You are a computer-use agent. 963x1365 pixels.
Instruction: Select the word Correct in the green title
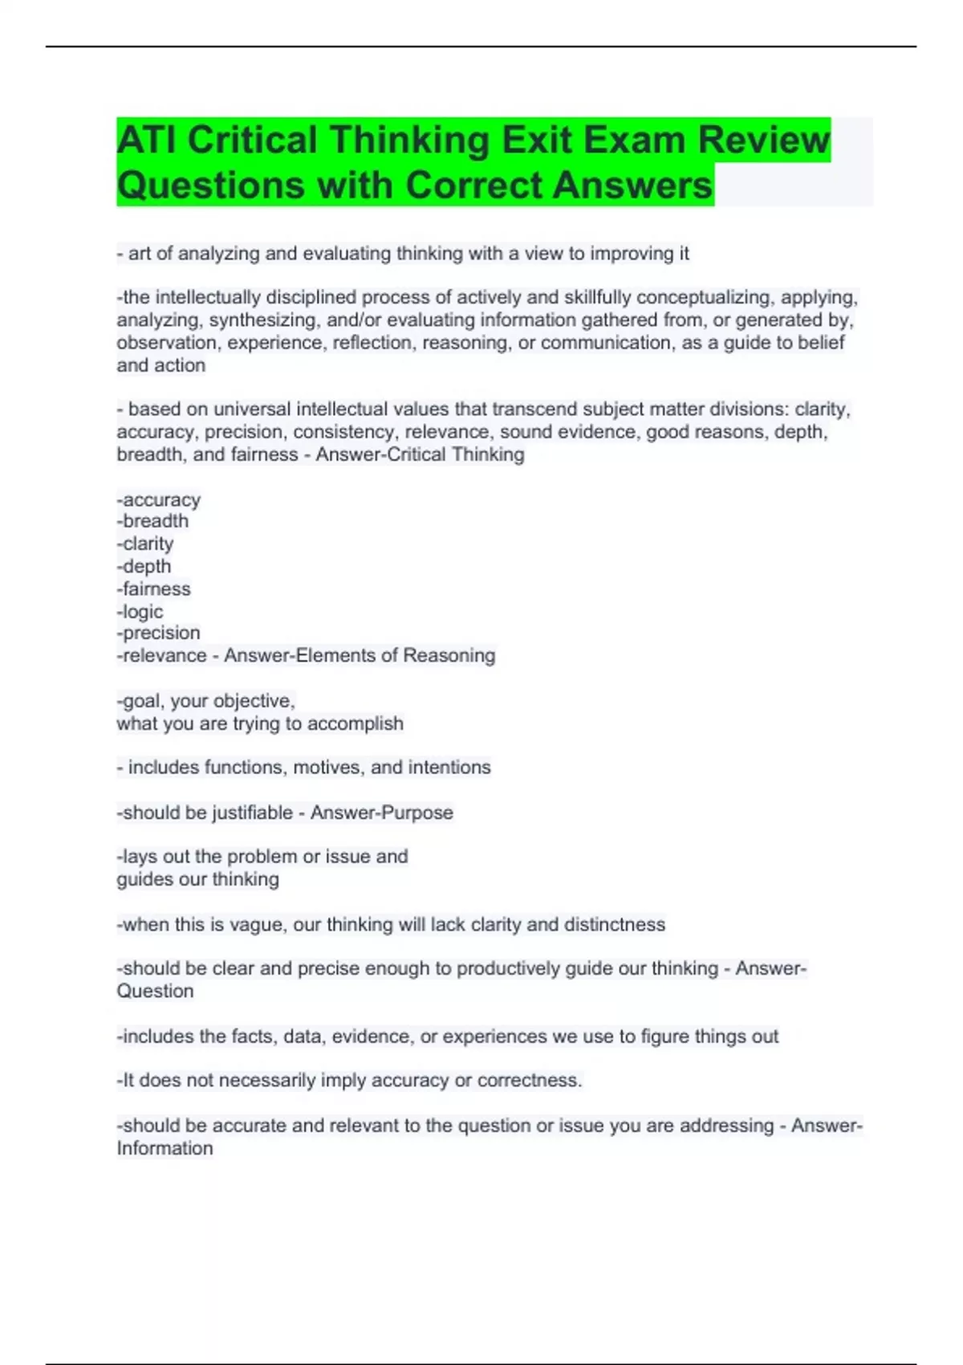pyautogui.click(x=473, y=185)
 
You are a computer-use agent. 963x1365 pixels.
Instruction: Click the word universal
pyautogui.click(x=251, y=409)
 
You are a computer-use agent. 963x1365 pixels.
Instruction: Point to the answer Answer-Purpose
pyautogui.click(x=382, y=813)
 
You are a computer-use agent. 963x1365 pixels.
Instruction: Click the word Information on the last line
pyautogui.click(x=165, y=1148)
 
